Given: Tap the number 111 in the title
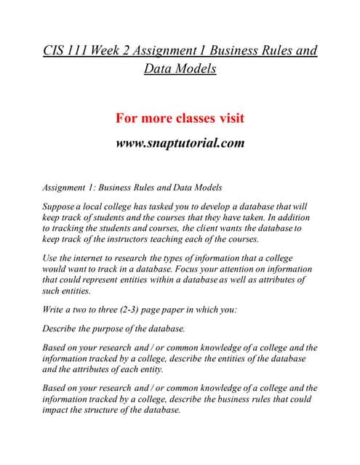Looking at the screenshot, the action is (x=82, y=51).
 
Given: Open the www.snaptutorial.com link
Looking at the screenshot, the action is (x=180, y=142).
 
